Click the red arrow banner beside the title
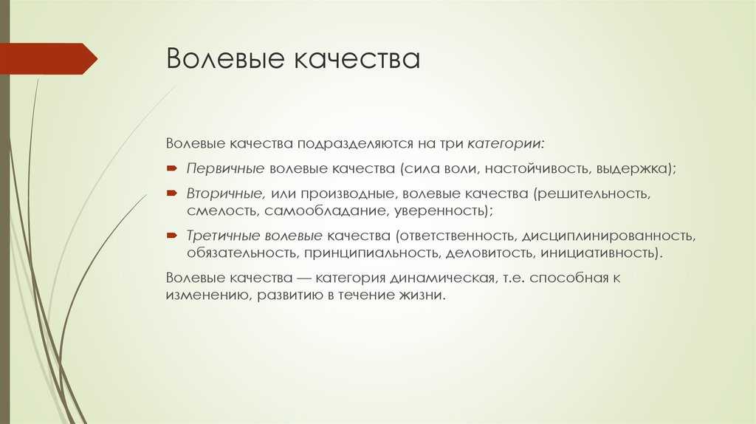48,58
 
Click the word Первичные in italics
225,169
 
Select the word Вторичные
224,194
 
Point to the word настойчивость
537,169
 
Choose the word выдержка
632,169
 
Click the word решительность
593,194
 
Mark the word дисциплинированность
608,236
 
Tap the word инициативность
598,253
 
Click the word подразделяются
355,144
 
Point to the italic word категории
505,144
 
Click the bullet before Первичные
172,169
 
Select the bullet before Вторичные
172,194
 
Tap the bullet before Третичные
172,236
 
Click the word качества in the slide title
356,59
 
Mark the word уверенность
441,211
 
